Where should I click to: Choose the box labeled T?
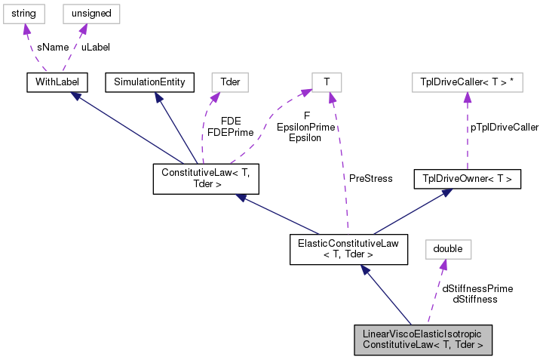327,82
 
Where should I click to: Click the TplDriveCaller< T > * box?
467,82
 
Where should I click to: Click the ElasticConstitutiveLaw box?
349,248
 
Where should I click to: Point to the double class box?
447,248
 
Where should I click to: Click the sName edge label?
51,47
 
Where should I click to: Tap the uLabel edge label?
96,47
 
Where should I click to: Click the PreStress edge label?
370,179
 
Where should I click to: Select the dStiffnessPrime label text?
477,288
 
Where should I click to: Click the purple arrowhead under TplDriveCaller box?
467,97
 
